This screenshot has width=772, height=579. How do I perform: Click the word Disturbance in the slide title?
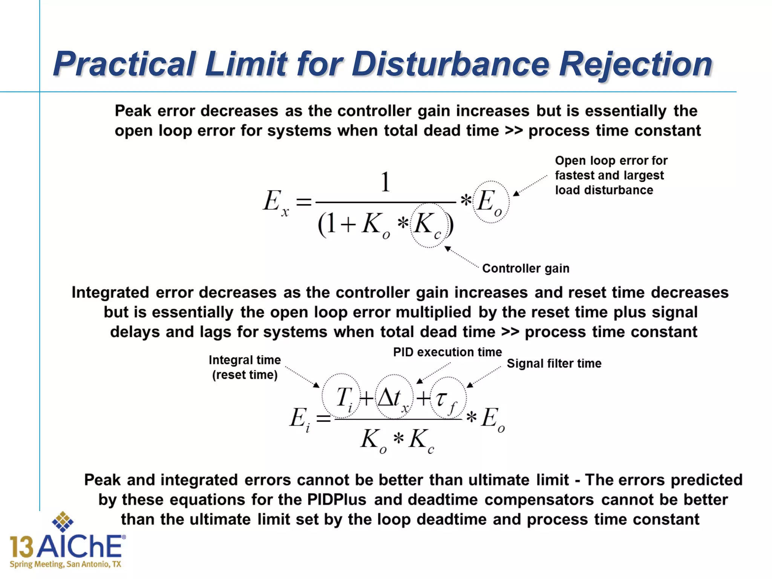(450, 64)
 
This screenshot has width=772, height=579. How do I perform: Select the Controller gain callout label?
(525, 268)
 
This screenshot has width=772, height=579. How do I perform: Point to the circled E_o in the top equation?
(491, 202)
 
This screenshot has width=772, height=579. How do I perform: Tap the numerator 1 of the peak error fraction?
(385, 182)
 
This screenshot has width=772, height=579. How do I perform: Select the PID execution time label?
(447, 352)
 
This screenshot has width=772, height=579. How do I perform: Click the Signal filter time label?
(554, 363)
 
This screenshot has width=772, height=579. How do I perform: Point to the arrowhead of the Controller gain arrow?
(447, 249)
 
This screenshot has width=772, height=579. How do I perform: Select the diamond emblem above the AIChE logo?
(63, 522)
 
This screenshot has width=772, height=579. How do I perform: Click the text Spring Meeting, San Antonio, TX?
(65, 564)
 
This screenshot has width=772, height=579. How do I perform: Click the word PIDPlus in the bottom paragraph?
(336, 500)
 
